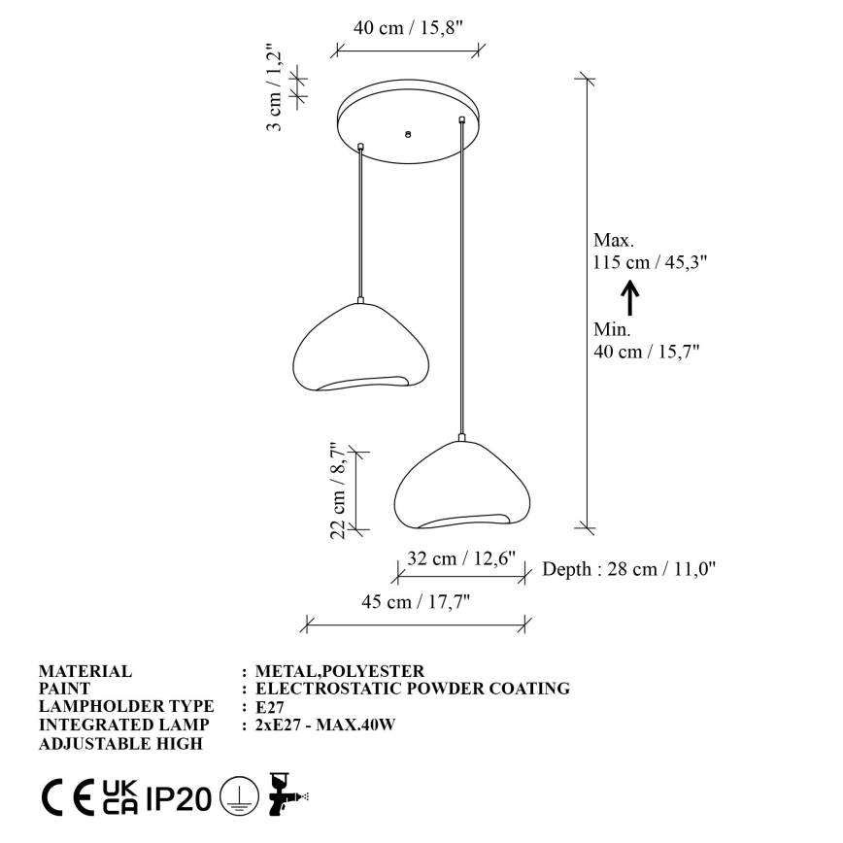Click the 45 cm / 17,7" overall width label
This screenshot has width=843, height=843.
[x=416, y=602]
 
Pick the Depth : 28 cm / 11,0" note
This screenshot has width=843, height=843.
[x=628, y=569]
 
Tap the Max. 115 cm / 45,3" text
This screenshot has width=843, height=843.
[x=649, y=251]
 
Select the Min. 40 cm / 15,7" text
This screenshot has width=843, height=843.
[x=647, y=341]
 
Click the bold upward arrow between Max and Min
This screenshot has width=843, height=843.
[x=629, y=297]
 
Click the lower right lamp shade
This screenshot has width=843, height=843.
[x=462, y=485]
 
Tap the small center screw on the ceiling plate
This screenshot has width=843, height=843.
[x=408, y=134]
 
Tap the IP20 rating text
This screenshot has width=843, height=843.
[x=178, y=798]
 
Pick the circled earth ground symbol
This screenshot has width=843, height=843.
[x=235, y=797]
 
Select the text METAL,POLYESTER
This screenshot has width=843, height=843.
[x=339, y=671]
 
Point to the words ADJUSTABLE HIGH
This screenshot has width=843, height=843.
[x=120, y=744]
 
